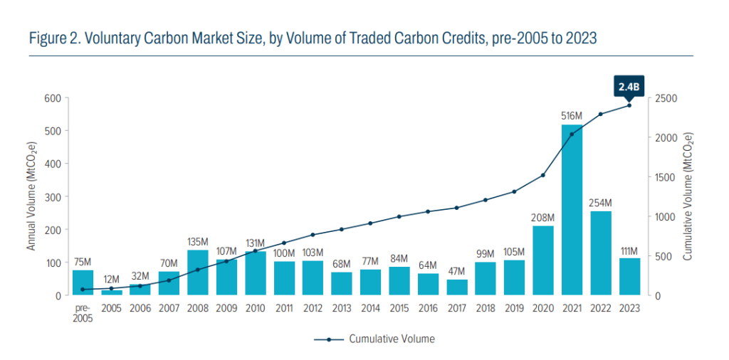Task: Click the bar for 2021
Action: click(x=572, y=210)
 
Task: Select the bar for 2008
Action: click(x=197, y=272)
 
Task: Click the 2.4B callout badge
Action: click(x=629, y=87)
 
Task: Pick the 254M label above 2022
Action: click(x=601, y=203)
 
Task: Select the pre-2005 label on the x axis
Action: click(x=83, y=313)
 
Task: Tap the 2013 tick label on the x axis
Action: click(x=342, y=308)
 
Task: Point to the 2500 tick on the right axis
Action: click(x=666, y=98)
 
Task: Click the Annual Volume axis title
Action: click(x=32, y=196)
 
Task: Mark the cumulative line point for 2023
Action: click(x=629, y=105)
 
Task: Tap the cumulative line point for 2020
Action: click(x=542, y=175)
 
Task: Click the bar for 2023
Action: click(x=629, y=276)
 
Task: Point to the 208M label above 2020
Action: click(x=542, y=217)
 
